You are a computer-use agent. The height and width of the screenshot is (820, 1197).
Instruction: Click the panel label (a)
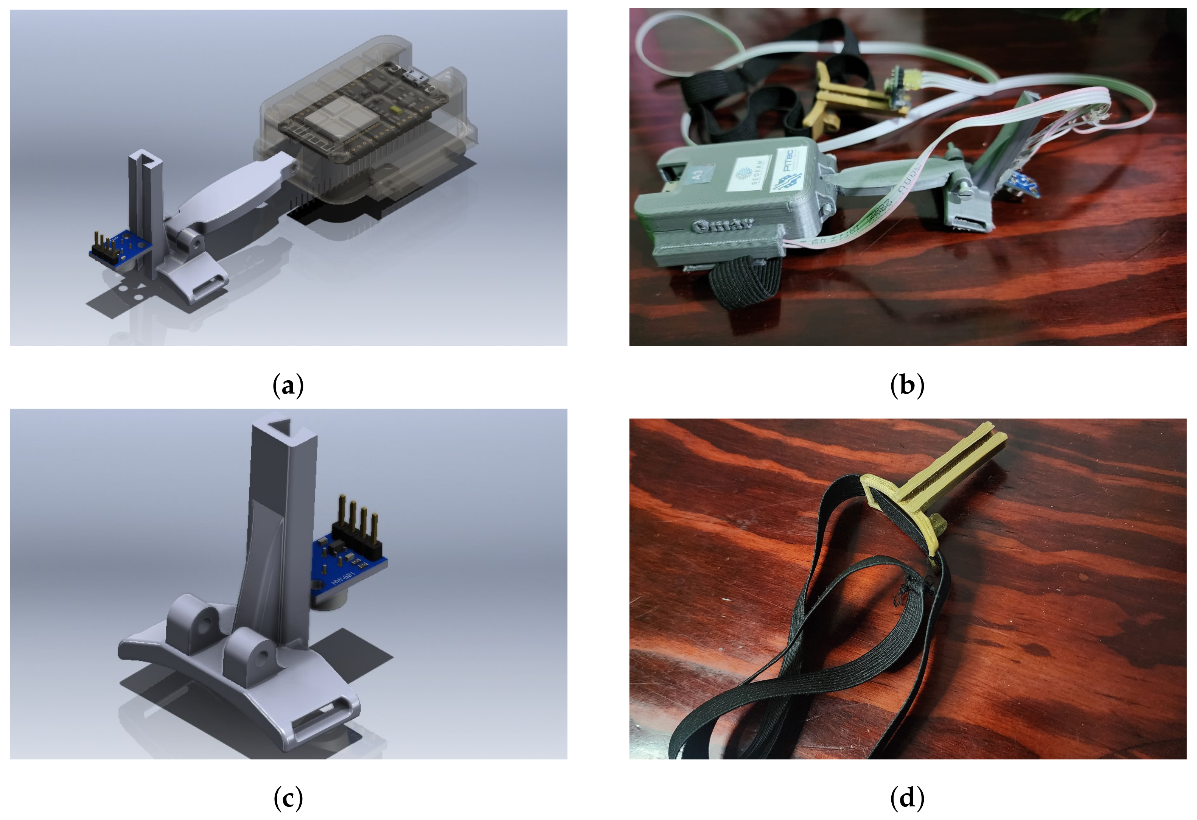pyautogui.click(x=288, y=385)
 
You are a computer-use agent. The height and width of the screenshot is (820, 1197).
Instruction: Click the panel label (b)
pyautogui.click(x=907, y=385)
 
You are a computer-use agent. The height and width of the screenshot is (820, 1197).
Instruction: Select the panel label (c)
pyautogui.click(x=288, y=798)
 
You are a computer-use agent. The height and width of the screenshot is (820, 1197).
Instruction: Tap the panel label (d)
pyautogui.click(x=907, y=798)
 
